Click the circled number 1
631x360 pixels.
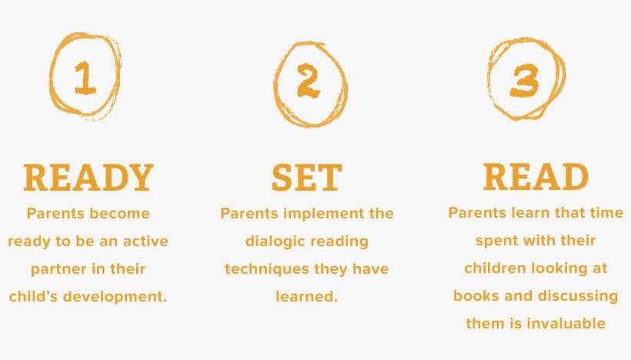[x=85, y=78]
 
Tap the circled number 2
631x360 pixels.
[x=309, y=82]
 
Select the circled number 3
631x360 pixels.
[x=525, y=82]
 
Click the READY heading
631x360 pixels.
[x=88, y=178]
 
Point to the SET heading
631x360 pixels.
[x=307, y=178]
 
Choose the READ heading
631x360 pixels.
[x=536, y=177]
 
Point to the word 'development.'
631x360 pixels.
[x=115, y=297]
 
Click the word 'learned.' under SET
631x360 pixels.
[x=306, y=297]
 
